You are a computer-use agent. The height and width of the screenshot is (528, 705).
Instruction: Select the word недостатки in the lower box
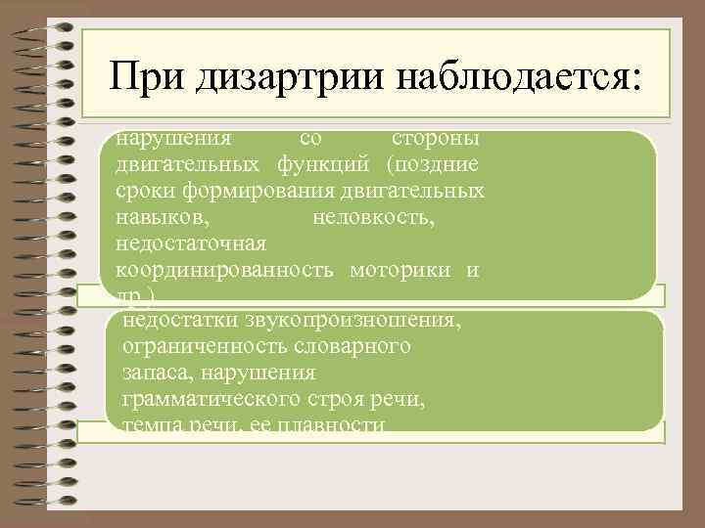pyautogui.click(x=180, y=321)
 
